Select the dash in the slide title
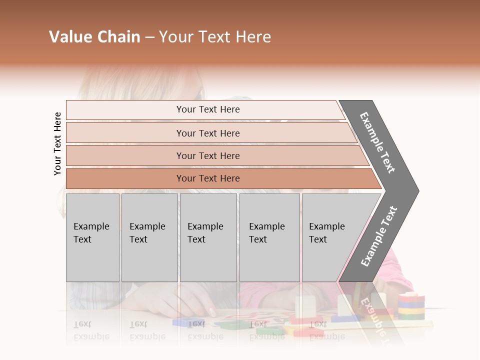pos(149,37)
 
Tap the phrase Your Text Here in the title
pos(215,37)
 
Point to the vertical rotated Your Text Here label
pos(57,144)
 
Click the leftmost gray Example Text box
pos(92,237)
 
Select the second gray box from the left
pos(149,237)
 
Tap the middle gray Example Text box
pos(208,237)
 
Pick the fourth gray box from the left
pos(269,237)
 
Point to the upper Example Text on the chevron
pos(378,142)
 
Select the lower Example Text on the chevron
pos(378,236)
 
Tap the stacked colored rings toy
pos(411,306)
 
